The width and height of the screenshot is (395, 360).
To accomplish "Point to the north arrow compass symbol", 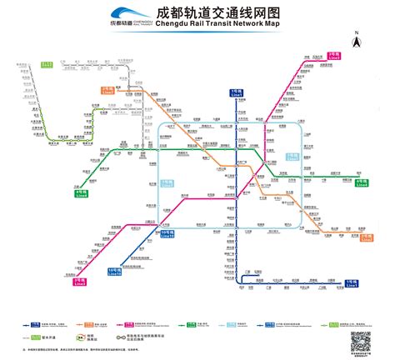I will click(355, 40).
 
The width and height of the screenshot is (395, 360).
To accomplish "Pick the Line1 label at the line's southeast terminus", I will click(352, 284).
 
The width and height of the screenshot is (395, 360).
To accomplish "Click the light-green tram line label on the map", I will click(47, 63).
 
